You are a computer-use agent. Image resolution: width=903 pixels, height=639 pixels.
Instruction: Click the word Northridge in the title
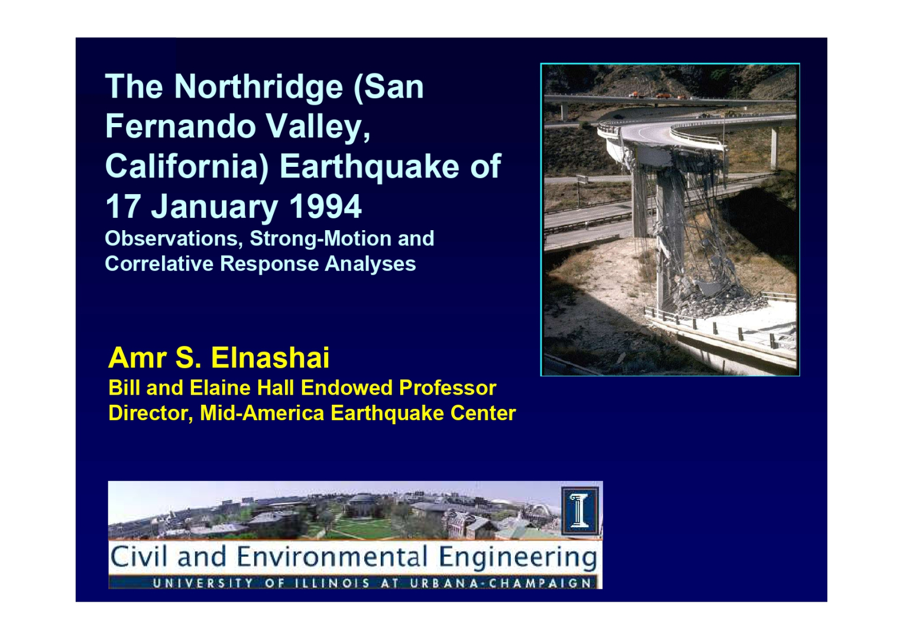(258, 88)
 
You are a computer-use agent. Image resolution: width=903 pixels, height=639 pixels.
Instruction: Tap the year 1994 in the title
(325, 206)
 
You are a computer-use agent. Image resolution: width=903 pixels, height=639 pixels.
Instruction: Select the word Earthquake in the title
(370, 167)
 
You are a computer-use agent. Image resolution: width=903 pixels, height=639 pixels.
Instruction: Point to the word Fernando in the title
(181, 127)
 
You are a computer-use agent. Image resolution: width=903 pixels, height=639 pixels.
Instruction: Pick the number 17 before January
(122, 206)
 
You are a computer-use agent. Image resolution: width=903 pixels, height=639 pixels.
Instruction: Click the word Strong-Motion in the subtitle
(321, 238)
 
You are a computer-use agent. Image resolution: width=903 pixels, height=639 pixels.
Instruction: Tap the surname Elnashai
(270, 358)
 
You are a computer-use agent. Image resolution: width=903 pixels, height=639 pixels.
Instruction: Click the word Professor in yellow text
(448, 388)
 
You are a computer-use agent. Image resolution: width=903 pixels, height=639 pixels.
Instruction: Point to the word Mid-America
(262, 413)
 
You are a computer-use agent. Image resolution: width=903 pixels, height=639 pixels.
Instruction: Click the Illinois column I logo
(580, 511)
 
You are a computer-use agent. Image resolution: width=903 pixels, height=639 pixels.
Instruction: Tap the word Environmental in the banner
(332, 557)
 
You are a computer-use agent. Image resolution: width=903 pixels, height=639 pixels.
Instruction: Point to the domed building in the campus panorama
(363, 504)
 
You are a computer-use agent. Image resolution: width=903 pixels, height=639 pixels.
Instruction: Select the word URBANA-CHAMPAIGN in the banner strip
(500, 583)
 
